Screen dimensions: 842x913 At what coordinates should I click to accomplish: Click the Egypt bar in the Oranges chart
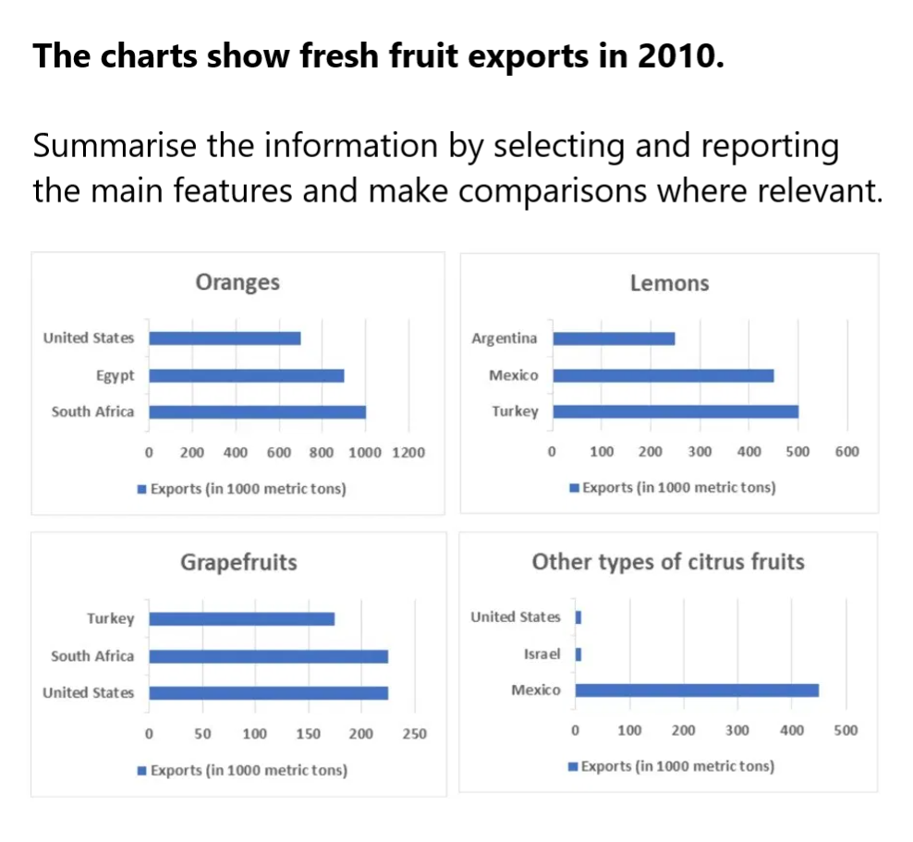click(246, 376)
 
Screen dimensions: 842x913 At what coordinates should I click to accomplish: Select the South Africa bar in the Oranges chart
click(257, 412)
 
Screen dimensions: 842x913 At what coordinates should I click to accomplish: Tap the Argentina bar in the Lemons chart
click(614, 338)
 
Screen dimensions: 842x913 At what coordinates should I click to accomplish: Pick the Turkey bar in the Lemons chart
click(675, 411)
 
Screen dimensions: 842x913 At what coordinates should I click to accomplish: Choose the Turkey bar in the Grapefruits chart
click(241, 619)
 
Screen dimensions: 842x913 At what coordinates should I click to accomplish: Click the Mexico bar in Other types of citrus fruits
click(697, 690)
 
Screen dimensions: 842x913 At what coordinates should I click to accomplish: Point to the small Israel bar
click(578, 654)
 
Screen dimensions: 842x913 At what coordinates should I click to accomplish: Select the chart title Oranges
click(237, 283)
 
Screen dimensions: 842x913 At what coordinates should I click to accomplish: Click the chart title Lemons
click(669, 283)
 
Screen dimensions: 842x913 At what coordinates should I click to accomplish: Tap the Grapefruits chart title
click(238, 562)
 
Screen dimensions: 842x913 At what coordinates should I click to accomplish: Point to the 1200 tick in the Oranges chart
click(408, 453)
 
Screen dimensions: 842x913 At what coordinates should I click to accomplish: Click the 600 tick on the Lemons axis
click(846, 452)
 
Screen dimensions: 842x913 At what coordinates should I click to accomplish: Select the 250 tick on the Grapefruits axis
click(415, 734)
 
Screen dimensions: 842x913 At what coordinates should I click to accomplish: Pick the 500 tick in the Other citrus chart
click(845, 730)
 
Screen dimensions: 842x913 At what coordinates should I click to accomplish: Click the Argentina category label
click(504, 338)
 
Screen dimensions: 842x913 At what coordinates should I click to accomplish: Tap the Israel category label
click(542, 654)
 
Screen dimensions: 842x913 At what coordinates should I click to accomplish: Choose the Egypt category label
click(114, 376)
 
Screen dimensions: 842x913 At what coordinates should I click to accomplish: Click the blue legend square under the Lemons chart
click(574, 488)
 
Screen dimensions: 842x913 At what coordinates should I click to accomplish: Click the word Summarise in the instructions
click(106, 146)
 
